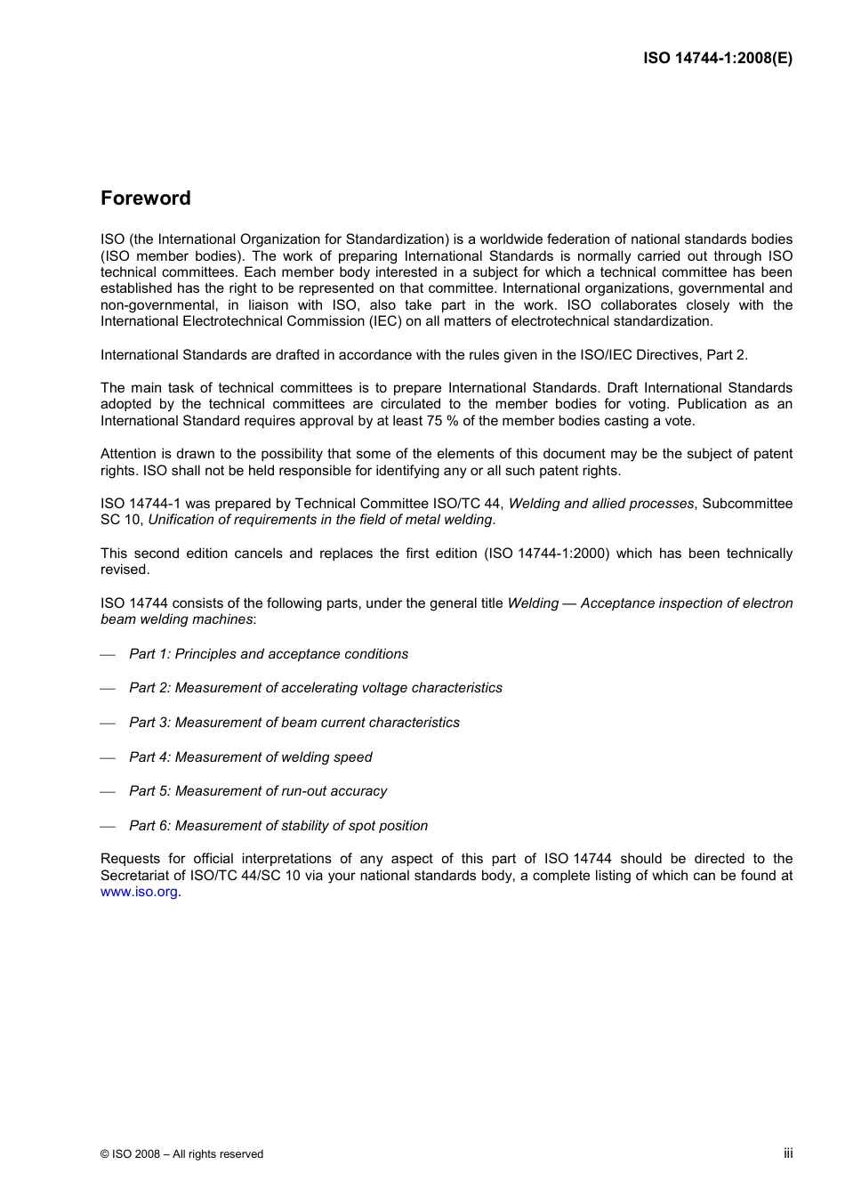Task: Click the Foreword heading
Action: point(145,198)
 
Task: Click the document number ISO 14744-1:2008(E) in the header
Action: point(717,59)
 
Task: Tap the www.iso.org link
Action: point(139,892)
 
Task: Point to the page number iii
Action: point(788,1153)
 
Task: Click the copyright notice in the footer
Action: point(181,1154)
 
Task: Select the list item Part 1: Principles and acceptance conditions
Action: point(268,654)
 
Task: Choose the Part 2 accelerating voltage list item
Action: point(315,688)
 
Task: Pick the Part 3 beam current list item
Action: point(294,723)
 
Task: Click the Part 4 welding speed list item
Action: point(250,757)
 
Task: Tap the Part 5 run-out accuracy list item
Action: point(257,791)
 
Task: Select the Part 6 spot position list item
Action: point(278,826)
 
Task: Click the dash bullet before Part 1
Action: point(109,655)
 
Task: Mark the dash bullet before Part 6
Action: point(109,827)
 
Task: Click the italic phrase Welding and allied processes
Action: point(600,504)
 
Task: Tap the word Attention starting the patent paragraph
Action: point(128,454)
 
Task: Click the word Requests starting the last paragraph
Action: point(130,859)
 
